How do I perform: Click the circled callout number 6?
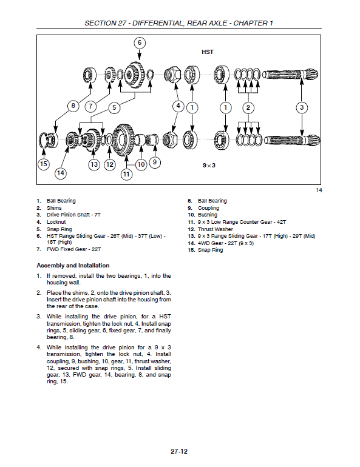click(139, 42)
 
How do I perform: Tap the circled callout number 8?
click(73, 106)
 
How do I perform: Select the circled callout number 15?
click(43, 164)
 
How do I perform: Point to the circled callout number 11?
click(126, 175)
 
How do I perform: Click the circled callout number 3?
click(302, 107)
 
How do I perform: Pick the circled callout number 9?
click(155, 162)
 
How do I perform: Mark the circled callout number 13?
click(93, 164)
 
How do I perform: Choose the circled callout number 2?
click(248, 107)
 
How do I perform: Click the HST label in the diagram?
click(207, 52)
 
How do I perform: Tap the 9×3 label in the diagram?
click(211, 165)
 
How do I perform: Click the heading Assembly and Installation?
click(73, 265)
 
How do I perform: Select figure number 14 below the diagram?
click(319, 191)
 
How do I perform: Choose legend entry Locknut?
click(56, 222)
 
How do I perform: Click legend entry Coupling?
click(208, 208)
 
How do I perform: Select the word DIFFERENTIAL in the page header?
click(158, 23)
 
